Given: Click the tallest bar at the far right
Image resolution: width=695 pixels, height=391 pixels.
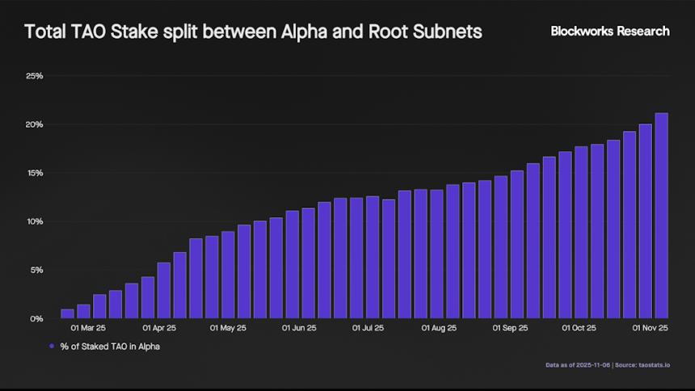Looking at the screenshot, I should [x=661, y=216].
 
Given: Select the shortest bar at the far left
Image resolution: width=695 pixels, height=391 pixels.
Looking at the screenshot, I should [x=67, y=313].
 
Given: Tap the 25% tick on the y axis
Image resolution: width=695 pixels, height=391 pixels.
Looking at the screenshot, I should [x=35, y=76].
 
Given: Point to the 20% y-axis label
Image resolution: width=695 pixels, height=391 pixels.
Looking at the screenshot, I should [x=35, y=124].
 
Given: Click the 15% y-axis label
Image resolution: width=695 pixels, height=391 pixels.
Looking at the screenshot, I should [x=35, y=173].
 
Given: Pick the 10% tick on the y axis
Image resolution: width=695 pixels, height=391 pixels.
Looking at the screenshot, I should [x=35, y=221].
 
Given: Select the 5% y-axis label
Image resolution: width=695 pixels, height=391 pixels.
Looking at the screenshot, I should [x=36, y=270].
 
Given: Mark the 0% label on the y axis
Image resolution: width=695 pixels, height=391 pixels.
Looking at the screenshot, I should [x=36, y=318].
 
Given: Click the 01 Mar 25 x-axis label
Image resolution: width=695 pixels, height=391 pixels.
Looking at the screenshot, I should [x=88, y=329].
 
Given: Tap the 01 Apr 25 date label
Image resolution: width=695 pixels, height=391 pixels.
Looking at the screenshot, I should [x=159, y=329].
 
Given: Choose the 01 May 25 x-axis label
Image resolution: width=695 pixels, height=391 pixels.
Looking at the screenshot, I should [x=228, y=329].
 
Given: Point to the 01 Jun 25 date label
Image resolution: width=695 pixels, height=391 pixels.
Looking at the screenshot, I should [x=299, y=329].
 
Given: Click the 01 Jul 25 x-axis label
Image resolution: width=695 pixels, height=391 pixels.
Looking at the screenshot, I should [x=369, y=329].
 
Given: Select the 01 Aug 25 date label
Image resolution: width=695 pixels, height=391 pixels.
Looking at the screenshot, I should [x=439, y=329].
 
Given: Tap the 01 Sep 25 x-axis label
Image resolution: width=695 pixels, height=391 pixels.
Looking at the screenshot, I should [x=510, y=329].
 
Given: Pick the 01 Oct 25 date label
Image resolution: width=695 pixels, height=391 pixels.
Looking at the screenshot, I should [x=579, y=329].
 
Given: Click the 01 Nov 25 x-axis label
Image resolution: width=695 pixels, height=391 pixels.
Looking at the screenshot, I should [x=649, y=329].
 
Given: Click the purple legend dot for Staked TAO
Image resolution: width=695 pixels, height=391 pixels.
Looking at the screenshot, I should [x=52, y=346].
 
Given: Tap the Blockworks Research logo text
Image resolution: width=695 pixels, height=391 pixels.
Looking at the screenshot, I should [x=610, y=31].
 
